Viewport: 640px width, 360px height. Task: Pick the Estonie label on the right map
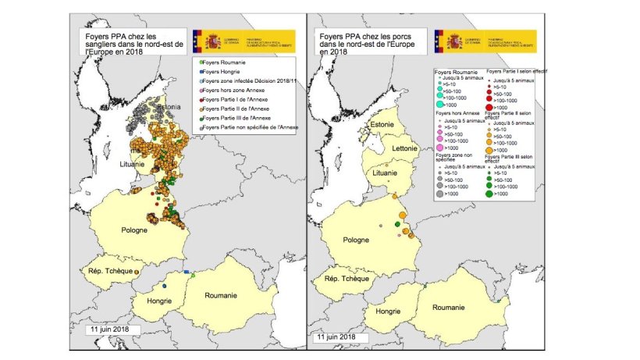pyautogui.click(x=382, y=123)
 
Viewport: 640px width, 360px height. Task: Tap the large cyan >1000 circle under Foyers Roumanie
pyautogui.click(x=441, y=105)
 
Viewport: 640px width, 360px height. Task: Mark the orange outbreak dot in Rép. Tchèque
pyautogui.click(x=137, y=272)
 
